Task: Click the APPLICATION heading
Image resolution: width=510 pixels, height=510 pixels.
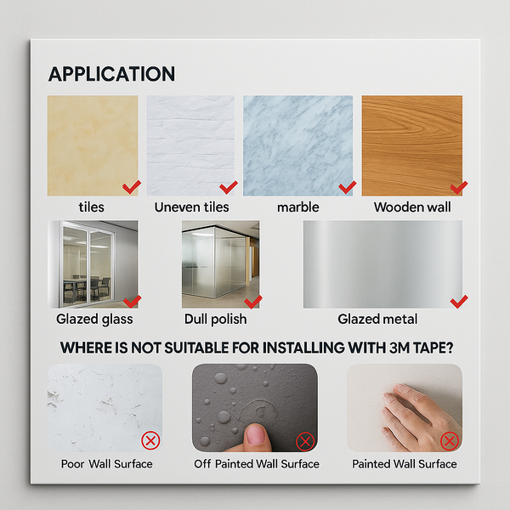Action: pyautogui.click(x=111, y=74)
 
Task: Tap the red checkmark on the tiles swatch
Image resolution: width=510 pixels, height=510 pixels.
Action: pyautogui.click(x=131, y=186)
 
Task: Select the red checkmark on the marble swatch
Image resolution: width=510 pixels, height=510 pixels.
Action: pyautogui.click(x=347, y=186)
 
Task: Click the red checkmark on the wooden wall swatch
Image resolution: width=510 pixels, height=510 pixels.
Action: pyautogui.click(x=459, y=186)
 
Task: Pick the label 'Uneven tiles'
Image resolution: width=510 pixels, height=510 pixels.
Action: pyautogui.click(x=192, y=207)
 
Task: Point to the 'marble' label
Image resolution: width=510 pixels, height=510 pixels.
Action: pyautogui.click(x=297, y=207)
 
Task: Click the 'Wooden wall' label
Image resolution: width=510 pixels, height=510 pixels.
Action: pyautogui.click(x=412, y=207)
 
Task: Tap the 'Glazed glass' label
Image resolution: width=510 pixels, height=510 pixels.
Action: pyautogui.click(x=94, y=319)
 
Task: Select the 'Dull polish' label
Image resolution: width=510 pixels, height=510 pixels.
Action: pyautogui.click(x=215, y=319)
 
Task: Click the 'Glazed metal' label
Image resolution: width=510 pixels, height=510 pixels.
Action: pyautogui.click(x=377, y=319)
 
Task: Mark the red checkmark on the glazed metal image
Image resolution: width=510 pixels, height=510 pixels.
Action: pyautogui.click(x=459, y=301)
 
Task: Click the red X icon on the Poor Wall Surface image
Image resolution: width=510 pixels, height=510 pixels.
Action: pyautogui.click(x=150, y=440)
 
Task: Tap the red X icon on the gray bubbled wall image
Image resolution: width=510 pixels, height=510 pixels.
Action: pyautogui.click(x=305, y=441)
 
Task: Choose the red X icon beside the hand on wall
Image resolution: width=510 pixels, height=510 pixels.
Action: pyautogui.click(x=450, y=440)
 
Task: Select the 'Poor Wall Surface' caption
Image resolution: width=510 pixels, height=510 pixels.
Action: pyautogui.click(x=107, y=464)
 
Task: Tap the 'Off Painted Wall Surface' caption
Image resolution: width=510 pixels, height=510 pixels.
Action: pyautogui.click(x=257, y=464)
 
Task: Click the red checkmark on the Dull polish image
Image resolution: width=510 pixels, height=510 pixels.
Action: pyautogui.click(x=253, y=301)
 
